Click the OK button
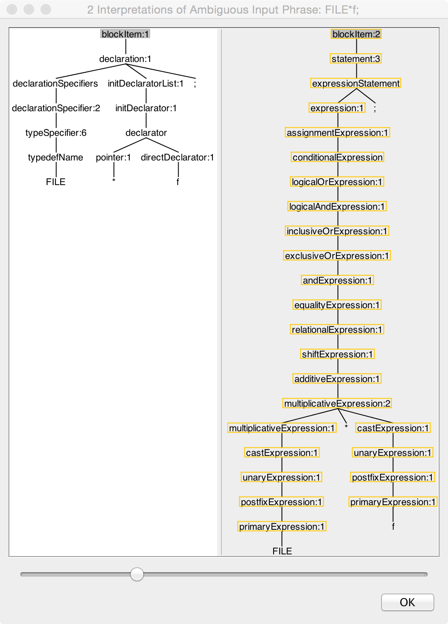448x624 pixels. tap(407, 602)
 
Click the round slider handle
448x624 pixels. tap(137, 574)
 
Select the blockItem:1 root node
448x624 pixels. tap(125, 34)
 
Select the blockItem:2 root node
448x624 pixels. tap(356, 34)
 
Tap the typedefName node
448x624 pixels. tap(56, 157)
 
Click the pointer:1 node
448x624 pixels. tap(113, 157)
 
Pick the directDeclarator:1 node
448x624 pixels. tap(177, 157)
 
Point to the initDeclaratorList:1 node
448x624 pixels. tap(146, 84)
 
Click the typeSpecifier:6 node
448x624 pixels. tap(56, 133)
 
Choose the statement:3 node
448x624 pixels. tap(356, 59)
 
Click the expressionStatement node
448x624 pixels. tap(356, 84)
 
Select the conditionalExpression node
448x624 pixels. tap(337, 157)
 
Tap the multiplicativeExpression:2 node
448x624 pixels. tap(337, 403)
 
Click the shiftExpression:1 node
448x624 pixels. tap(337, 354)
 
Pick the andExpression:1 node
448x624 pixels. tap(337, 280)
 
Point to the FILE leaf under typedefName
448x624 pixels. tap(56, 182)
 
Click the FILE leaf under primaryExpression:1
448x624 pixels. tap(282, 551)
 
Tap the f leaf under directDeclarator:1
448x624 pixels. tap(178, 182)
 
